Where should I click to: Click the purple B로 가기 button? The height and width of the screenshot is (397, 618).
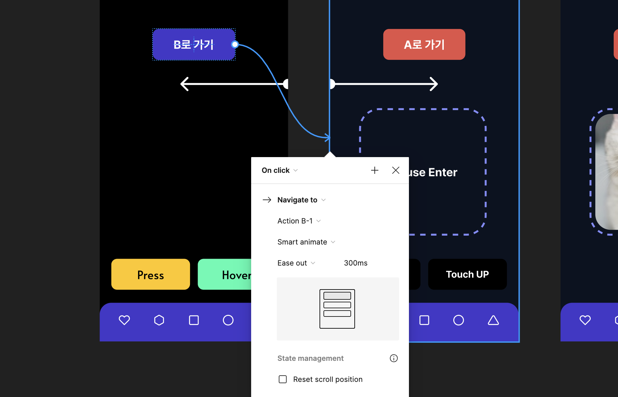(x=194, y=44)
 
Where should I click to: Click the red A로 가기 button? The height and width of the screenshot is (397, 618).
(x=424, y=44)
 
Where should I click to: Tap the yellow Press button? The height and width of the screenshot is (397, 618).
(x=151, y=274)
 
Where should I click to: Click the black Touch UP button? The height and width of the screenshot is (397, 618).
(x=467, y=274)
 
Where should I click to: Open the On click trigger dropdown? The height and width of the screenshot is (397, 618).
(x=280, y=170)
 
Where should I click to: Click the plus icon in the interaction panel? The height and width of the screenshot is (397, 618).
(x=375, y=170)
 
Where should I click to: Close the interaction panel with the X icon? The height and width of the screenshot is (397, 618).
(x=396, y=170)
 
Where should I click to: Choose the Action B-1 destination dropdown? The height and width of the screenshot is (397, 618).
(x=299, y=221)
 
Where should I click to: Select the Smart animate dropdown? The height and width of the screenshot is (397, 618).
(x=306, y=242)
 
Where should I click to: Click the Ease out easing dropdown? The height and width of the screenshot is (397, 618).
(x=296, y=263)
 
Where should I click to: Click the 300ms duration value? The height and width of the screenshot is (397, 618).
(x=356, y=263)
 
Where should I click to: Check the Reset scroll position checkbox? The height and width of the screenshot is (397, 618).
(x=283, y=379)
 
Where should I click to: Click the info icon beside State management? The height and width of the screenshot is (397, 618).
(x=394, y=358)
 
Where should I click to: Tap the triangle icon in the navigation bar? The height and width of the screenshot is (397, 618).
(x=493, y=320)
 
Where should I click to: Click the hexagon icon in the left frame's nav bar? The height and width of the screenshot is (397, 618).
(x=159, y=320)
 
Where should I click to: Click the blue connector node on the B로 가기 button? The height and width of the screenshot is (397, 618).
(x=235, y=44)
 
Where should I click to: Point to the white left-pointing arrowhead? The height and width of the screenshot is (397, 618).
(x=184, y=84)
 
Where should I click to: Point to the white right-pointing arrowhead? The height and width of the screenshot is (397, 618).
(x=434, y=84)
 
